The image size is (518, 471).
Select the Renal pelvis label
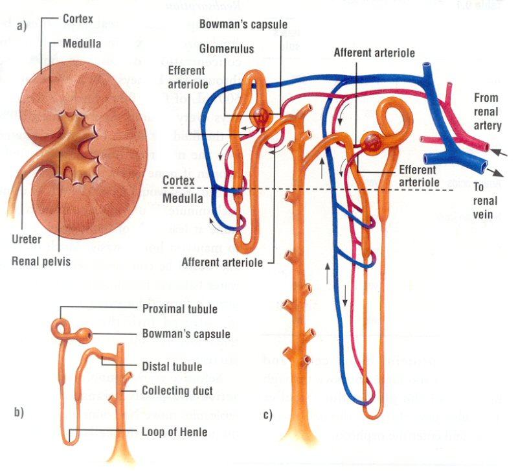click(x=41, y=261)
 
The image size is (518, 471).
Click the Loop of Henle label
click(x=175, y=433)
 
